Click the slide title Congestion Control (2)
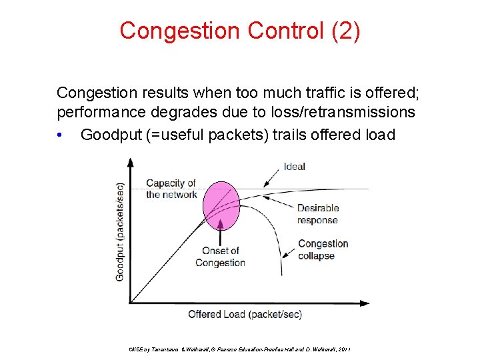coord(240,31)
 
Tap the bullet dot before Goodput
coord(61,135)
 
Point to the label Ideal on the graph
coord(294,167)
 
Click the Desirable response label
coord(317,213)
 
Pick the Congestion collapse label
coord(323,250)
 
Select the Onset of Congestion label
coord(220,257)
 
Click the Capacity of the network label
coord(171,189)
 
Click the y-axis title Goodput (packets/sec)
coord(121,231)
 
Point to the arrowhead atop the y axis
coord(131,162)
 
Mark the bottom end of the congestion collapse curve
coord(283,273)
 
